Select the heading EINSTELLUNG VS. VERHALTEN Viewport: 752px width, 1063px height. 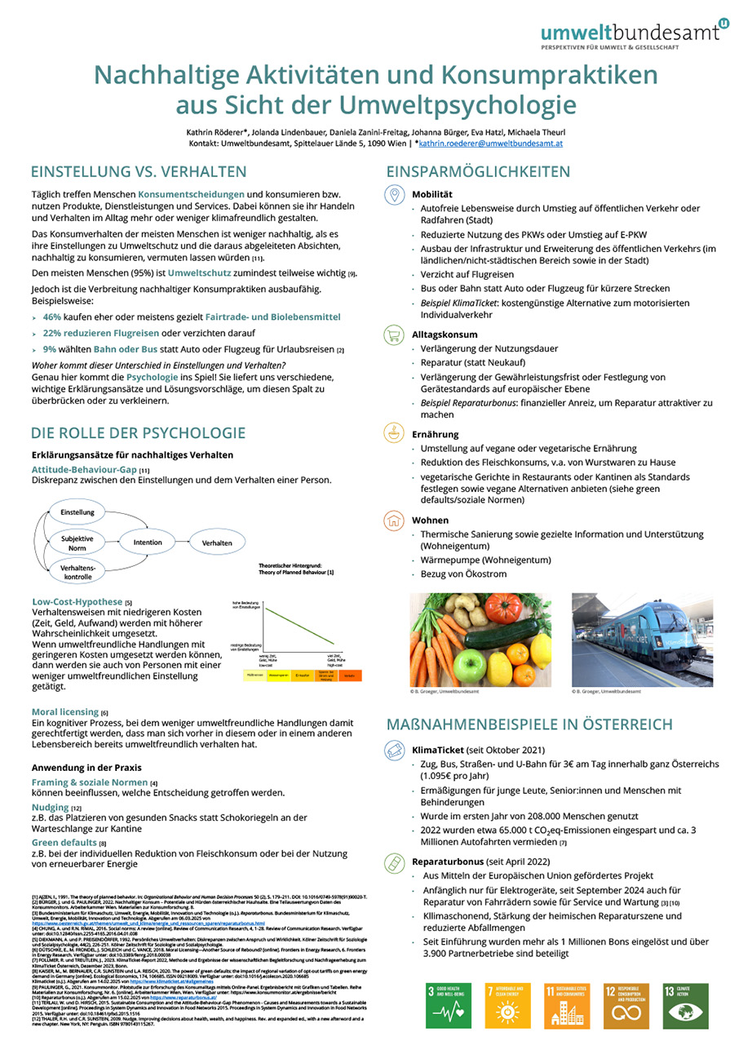pyautogui.click(x=139, y=171)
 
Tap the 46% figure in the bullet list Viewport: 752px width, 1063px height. pyautogui.click(x=52, y=316)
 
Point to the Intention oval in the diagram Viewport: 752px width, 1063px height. pyautogui.click(x=148, y=541)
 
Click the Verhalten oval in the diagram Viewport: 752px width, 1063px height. pyautogui.click(x=216, y=541)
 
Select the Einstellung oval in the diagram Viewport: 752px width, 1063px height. pyautogui.click(x=77, y=512)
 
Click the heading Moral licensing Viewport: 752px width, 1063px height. pyautogui.click(x=64, y=711)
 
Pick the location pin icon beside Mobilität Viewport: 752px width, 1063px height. pyautogui.click(x=394, y=194)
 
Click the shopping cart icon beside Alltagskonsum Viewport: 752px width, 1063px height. pyautogui.click(x=394, y=334)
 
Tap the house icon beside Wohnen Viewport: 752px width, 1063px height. pyautogui.click(x=394, y=520)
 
